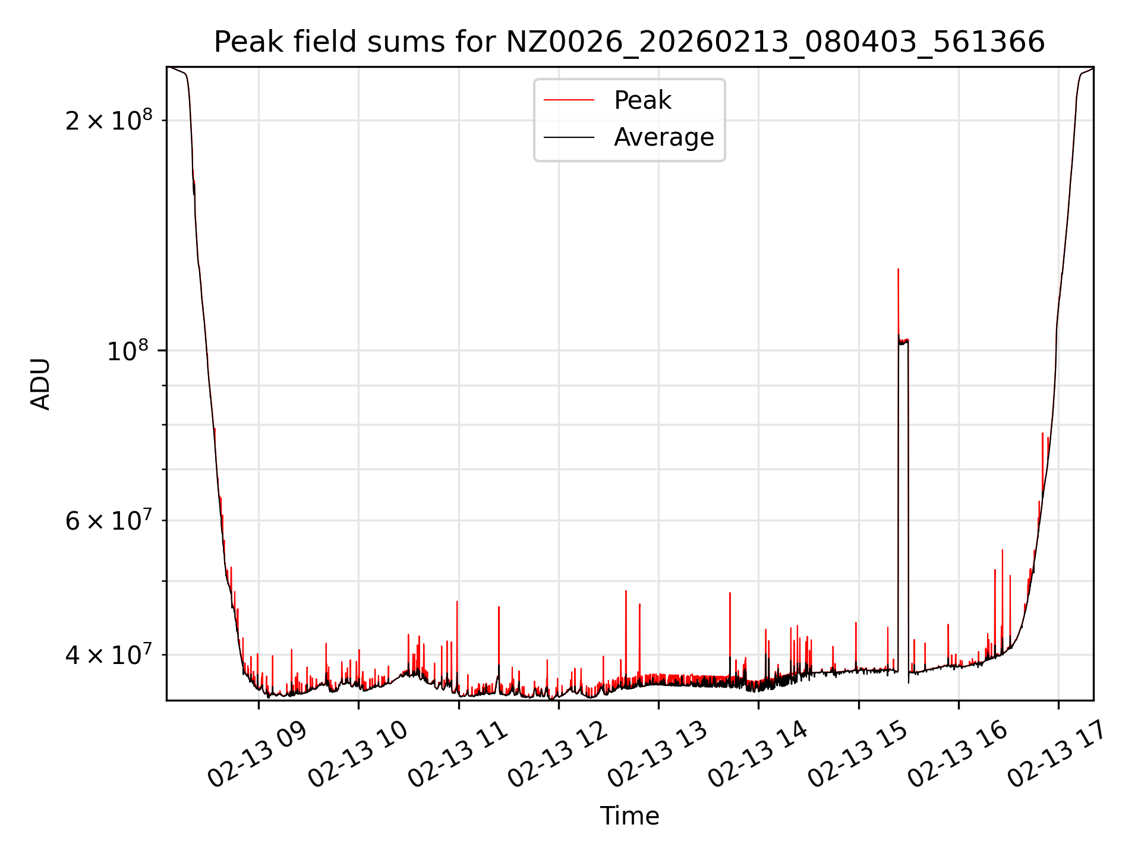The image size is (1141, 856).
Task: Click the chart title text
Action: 629,42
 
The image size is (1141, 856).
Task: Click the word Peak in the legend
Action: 642,100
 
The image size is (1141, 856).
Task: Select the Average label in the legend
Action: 663,137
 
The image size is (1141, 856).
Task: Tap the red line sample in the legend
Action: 569,100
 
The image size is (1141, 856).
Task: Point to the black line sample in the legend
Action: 569,137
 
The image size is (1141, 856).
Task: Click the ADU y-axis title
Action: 40,384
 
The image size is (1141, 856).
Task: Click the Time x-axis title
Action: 629,816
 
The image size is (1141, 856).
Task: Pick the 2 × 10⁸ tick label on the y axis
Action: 109,121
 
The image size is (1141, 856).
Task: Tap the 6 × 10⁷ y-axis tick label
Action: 109,521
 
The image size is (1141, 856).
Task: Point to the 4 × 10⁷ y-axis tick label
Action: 109,655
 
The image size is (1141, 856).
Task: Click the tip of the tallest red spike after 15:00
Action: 898,269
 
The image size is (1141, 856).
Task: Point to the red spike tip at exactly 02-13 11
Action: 457,602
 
